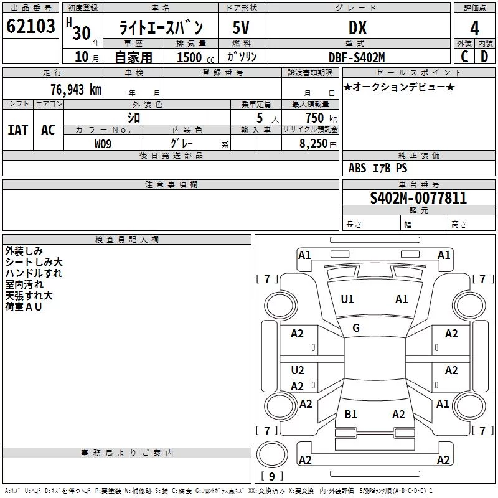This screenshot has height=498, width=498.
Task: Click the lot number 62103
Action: pos(31,26)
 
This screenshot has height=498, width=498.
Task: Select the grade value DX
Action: pos(357,27)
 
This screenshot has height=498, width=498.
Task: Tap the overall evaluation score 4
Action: pos(474,29)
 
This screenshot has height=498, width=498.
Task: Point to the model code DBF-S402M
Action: pos(357,57)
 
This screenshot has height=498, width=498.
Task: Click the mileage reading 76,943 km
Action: pos(76,90)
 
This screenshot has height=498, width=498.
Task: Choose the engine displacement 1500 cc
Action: pos(195,57)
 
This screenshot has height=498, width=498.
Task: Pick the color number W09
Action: pos(103,144)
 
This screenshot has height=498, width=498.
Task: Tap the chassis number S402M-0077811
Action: pos(418,198)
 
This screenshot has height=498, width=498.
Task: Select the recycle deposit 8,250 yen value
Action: pos(318,144)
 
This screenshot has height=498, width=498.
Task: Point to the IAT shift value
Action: pos(18,130)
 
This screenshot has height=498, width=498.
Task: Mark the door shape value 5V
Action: pos(241,27)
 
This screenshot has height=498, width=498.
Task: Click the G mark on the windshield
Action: pos(356,328)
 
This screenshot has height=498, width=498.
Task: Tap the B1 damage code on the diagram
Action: pos(350,415)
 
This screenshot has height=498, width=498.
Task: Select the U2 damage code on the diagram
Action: pos(298,370)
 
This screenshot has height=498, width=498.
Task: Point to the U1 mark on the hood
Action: pos(347,299)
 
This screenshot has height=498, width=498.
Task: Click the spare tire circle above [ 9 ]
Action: pos(272,454)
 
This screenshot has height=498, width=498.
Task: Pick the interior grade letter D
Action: pos(484,57)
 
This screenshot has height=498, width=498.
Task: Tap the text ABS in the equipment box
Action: pos(357,168)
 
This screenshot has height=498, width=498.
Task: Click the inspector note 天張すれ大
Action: pos(29,296)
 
